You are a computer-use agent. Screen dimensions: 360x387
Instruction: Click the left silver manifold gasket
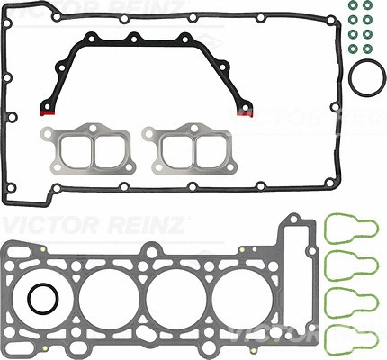tap(85, 148)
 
